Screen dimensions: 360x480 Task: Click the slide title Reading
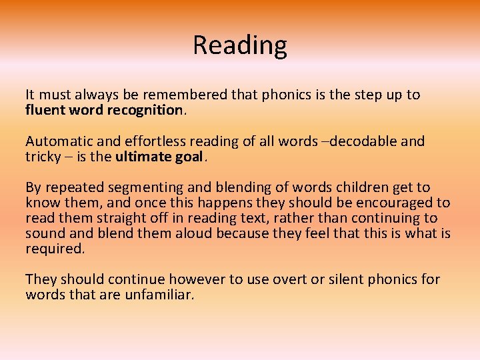pos(240,45)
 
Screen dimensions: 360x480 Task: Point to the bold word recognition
pos(144,109)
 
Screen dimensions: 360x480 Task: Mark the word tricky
pos(43,156)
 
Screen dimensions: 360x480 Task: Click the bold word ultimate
pos(142,156)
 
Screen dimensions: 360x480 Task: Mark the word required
pos(55,248)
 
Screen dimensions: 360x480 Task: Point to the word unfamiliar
pos(159,295)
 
